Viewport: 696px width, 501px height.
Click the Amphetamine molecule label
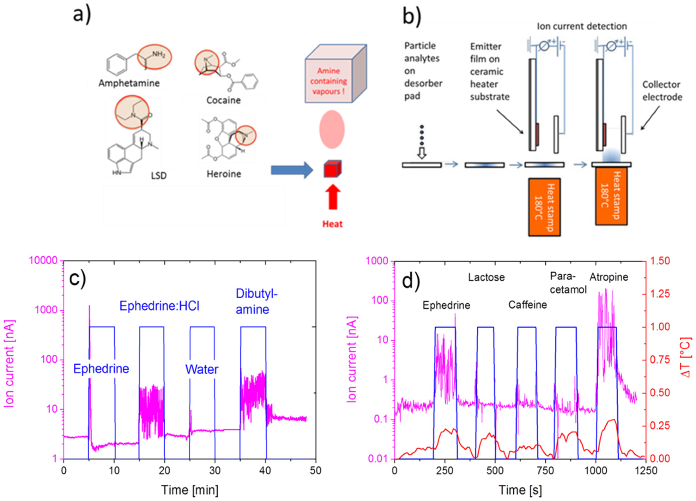(x=129, y=83)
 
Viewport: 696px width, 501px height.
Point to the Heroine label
(x=224, y=174)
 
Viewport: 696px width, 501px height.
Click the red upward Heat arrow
(x=333, y=198)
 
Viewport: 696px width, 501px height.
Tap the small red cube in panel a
(x=332, y=169)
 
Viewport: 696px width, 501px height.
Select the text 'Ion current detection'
(x=582, y=26)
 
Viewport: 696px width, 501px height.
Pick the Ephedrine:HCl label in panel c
(x=159, y=306)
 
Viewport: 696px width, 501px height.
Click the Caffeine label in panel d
(x=527, y=305)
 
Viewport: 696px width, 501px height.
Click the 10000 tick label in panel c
(x=43, y=261)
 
